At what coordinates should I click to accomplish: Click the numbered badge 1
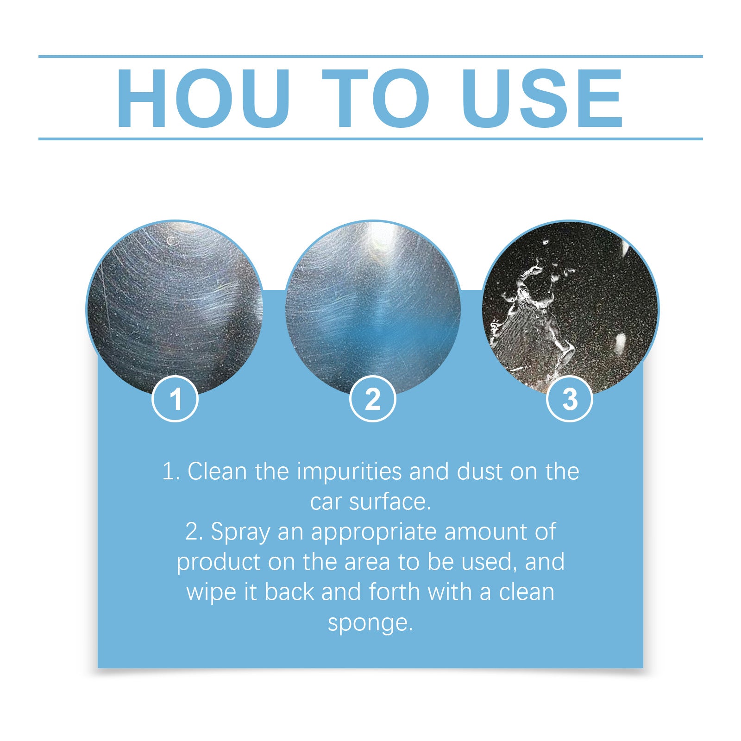pyautogui.click(x=175, y=399)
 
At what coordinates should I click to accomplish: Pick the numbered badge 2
pyautogui.click(x=373, y=399)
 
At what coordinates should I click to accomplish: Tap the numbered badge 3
pyautogui.click(x=570, y=399)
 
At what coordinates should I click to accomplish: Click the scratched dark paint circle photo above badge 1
pyautogui.click(x=175, y=308)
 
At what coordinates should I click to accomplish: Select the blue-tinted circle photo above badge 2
pyautogui.click(x=373, y=308)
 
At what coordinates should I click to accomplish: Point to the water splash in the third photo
pyautogui.click(x=533, y=320)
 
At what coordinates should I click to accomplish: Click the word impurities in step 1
pyautogui.click(x=349, y=472)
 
